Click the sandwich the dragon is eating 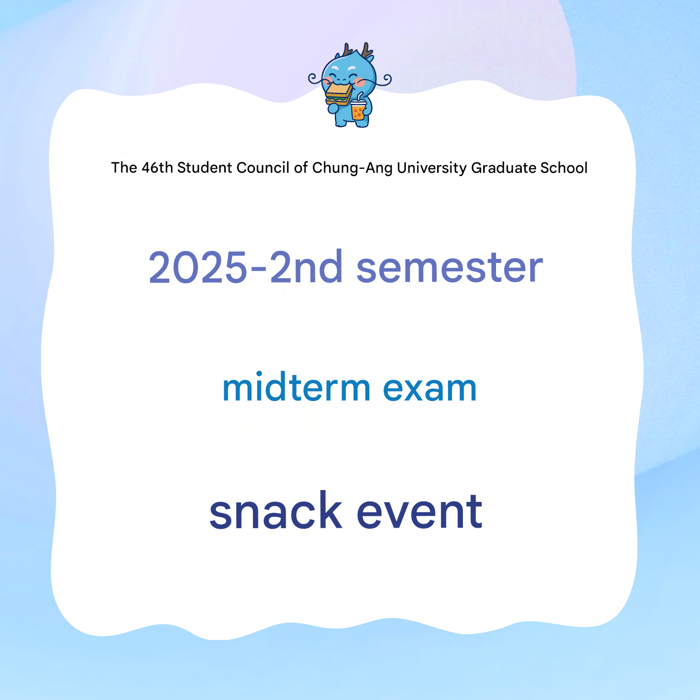tap(338, 94)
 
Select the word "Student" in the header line tap(204, 168)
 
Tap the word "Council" tap(263, 168)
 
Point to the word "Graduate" tap(503, 168)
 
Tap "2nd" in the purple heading tap(306, 267)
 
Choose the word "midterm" tap(296, 387)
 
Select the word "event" tap(419, 512)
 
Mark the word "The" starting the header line tap(124, 168)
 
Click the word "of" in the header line tap(301, 168)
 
